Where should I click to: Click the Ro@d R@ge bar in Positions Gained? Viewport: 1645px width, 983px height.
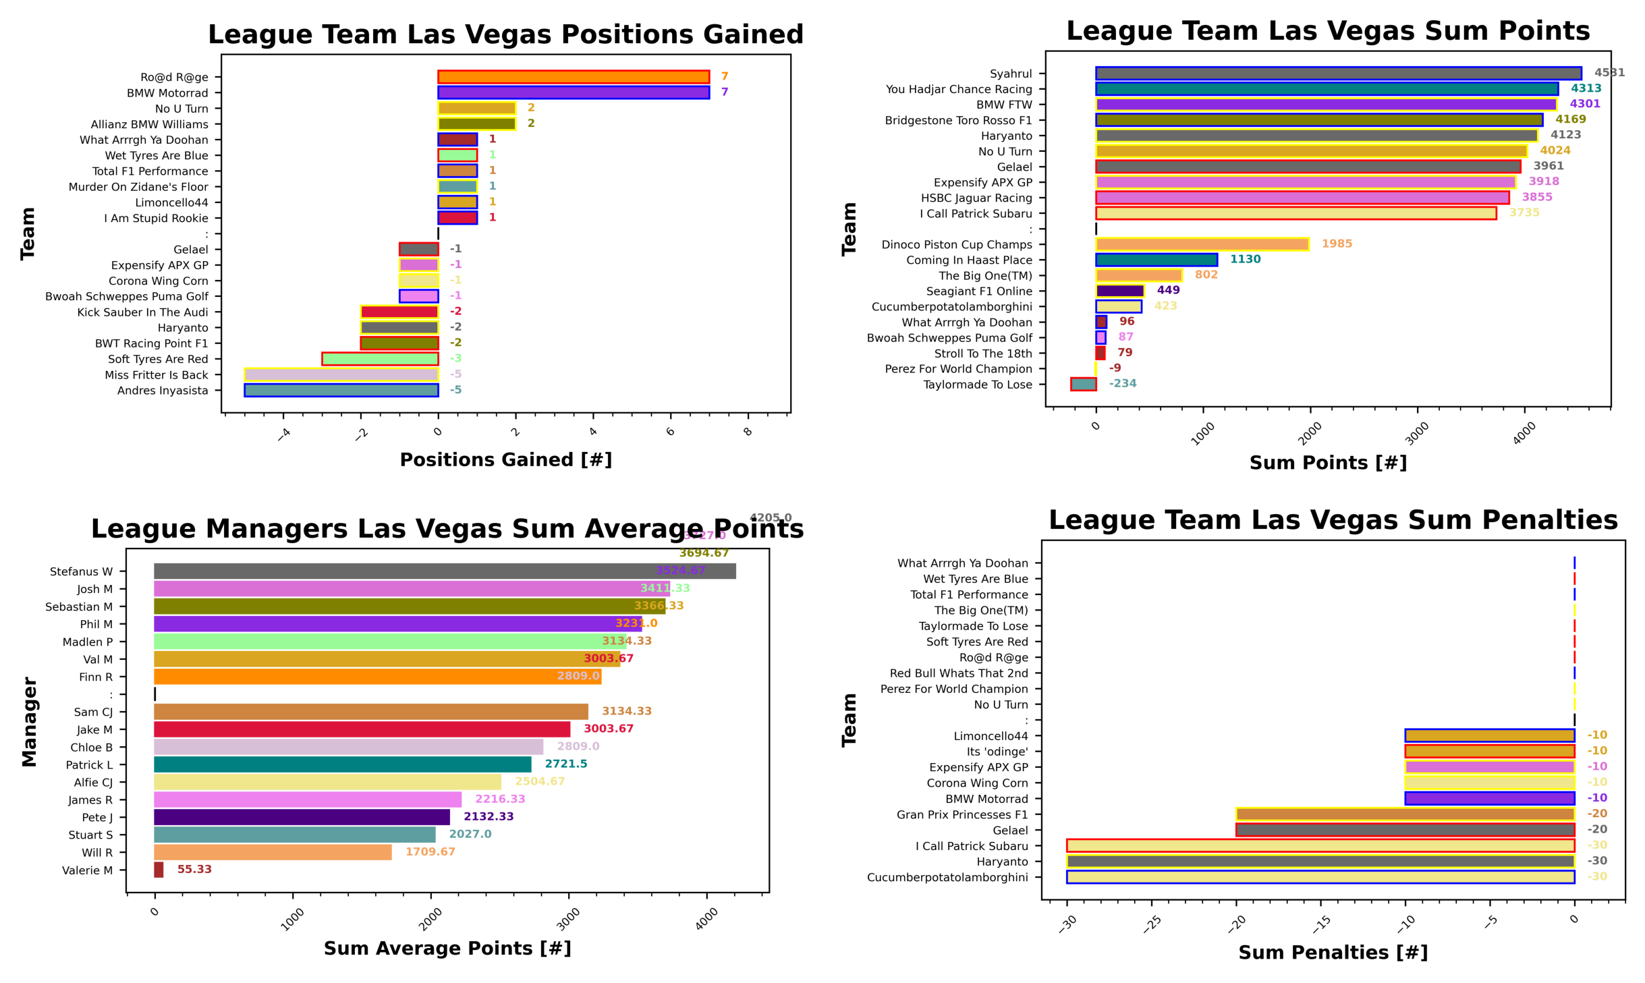tap(573, 77)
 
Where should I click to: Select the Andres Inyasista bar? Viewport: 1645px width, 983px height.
tap(341, 390)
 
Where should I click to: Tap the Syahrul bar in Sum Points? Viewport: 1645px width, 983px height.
tap(1337, 73)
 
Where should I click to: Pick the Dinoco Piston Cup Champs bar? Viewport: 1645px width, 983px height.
tap(1202, 244)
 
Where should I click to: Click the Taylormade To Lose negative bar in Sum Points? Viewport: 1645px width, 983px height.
tap(1082, 384)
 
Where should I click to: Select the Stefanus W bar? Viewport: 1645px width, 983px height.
tap(444, 571)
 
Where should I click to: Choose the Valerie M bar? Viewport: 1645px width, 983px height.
tap(159, 870)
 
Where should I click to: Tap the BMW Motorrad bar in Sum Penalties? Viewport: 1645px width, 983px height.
tap(1489, 798)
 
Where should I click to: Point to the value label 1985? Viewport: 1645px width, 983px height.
tap(1336, 244)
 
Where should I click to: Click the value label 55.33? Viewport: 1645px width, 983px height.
tap(194, 869)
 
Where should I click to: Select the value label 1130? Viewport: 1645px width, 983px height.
tap(1245, 259)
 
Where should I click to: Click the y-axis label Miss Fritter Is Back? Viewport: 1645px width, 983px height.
tap(157, 375)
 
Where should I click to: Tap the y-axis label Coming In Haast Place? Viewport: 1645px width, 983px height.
tap(969, 260)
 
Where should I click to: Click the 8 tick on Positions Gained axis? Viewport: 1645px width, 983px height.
tap(747, 432)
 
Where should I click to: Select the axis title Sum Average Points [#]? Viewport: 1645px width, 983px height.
tap(447, 948)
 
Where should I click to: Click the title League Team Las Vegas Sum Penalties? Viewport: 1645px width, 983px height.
tap(1333, 520)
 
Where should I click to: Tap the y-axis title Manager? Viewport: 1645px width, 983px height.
tap(29, 722)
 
